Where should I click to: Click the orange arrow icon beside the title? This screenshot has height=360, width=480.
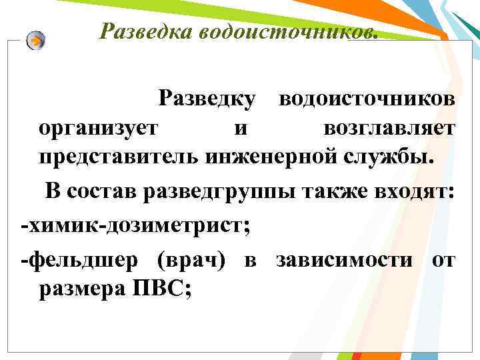coord(37,41)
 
